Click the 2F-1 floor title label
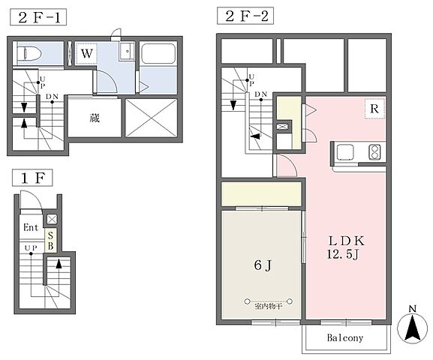point(38,17)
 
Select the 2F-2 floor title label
point(245,16)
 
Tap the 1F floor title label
point(32,178)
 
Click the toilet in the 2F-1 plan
point(29,53)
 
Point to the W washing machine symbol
point(86,53)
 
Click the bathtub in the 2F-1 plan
point(158,53)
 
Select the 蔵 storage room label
point(95,118)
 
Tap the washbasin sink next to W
point(128,51)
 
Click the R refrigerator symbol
point(374,109)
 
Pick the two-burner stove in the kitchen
point(374,151)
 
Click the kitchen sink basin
point(345,151)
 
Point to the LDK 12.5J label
point(346,247)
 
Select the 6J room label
point(263,265)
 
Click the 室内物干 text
point(268,306)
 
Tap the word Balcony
point(345,337)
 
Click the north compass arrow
point(412,328)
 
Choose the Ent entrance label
point(31,227)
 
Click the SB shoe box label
point(50,241)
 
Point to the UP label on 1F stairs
point(31,248)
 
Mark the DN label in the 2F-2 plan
point(260,94)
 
